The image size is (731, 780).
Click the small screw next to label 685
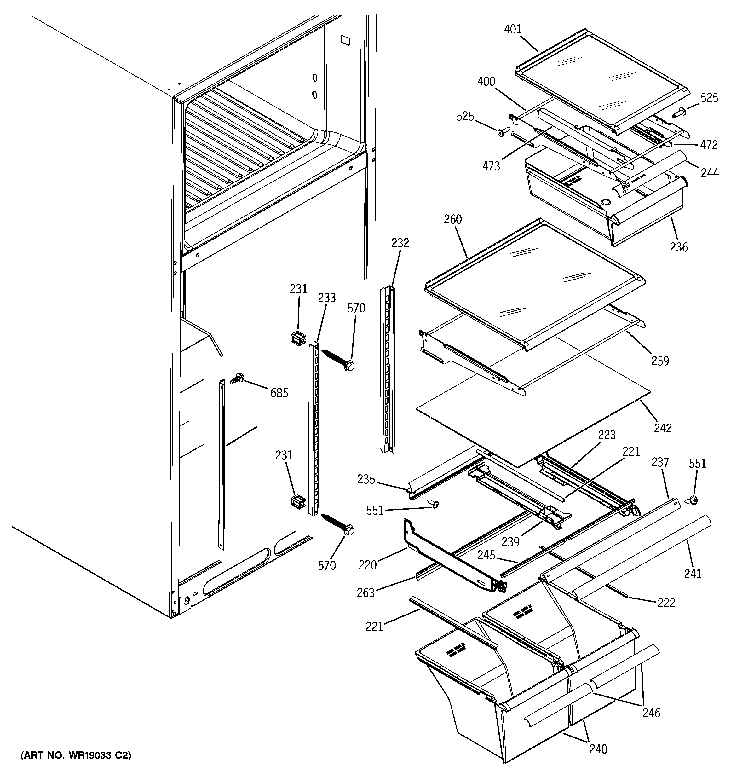(x=237, y=378)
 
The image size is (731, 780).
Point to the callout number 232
(x=400, y=243)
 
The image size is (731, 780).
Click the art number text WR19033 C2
(x=76, y=755)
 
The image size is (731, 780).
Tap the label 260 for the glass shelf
(x=453, y=220)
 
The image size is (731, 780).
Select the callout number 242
(x=663, y=428)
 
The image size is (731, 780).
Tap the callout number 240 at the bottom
(x=598, y=749)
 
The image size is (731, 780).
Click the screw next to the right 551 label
(x=691, y=500)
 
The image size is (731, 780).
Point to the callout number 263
(x=366, y=593)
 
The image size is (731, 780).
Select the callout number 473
(x=491, y=166)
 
